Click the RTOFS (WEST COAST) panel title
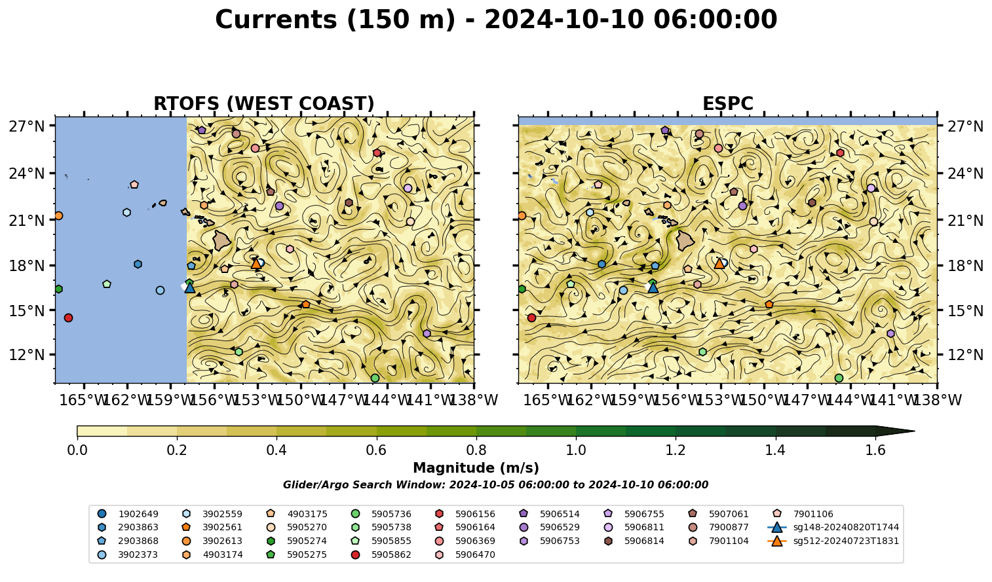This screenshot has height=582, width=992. click(x=264, y=103)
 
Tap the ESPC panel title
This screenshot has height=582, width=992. click(x=728, y=103)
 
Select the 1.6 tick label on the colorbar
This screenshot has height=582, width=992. click(x=875, y=450)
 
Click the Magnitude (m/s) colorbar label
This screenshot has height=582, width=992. click(x=476, y=468)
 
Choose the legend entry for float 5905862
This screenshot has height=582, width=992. click(x=384, y=555)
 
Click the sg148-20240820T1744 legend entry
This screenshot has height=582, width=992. click(x=833, y=527)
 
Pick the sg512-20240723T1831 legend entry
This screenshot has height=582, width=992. click(x=833, y=541)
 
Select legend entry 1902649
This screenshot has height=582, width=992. click(x=128, y=514)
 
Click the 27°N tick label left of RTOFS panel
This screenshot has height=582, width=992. click(x=27, y=126)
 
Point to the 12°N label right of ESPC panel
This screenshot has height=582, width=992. click(x=965, y=355)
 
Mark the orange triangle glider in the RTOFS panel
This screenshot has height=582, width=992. click(x=256, y=263)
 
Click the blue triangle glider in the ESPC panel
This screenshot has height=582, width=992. click(x=653, y=287)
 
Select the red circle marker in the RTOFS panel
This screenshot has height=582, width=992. click(x=68, y=318)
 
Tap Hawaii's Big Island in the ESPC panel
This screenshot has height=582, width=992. click(x=685, y=240)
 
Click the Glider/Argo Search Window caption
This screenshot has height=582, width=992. click(x=495, y=484)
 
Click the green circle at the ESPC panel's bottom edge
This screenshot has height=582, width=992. click(x=839, y=378)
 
